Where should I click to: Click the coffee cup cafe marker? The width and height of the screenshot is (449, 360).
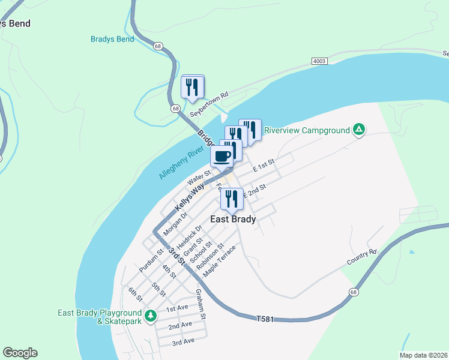click(221, 157)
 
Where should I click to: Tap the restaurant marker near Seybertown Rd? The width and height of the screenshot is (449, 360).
click(192, 88)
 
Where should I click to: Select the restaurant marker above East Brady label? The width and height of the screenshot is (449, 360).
click(231, 200)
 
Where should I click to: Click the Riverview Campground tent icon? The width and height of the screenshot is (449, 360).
click(358, 129)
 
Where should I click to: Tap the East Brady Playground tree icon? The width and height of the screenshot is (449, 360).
click(151, 314)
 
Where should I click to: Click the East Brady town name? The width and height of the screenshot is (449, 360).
click(233, 219)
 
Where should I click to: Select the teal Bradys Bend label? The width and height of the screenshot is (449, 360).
click(112, 40)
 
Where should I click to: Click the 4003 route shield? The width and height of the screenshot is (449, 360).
click(319, 61)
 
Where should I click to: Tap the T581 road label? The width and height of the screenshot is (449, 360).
click(265, 319)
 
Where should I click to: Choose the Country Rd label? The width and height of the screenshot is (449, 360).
click(361, 257)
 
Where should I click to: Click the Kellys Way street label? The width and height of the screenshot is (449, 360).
click(190, 197)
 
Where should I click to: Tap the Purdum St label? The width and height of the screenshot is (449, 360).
click(151, 260)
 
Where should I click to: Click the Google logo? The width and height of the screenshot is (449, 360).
click(20, 353)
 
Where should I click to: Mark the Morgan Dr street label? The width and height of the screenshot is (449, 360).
click(176, 223)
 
